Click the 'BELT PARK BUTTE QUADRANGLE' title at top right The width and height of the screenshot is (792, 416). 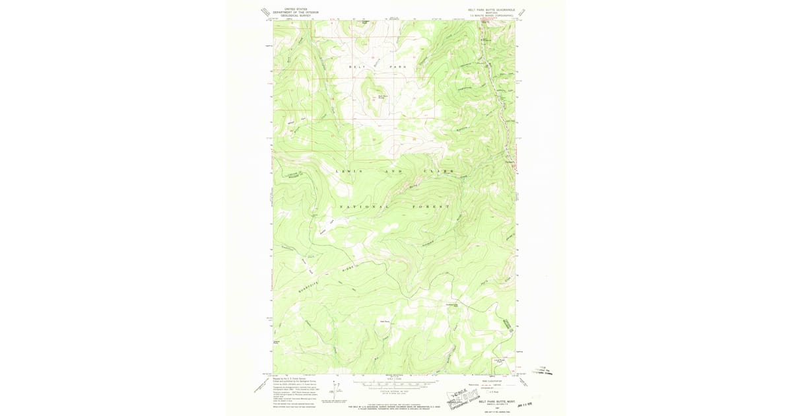492,10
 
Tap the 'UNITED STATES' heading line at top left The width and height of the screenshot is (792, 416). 296,9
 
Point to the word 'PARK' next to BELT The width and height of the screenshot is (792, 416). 399,67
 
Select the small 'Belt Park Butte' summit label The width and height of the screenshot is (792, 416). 381,96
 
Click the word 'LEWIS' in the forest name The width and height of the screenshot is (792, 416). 349,171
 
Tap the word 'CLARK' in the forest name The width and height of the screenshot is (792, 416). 443,171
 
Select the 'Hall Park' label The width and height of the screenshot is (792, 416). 385,322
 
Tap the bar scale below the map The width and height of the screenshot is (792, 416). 395,383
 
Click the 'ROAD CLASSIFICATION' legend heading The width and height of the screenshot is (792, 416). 492,381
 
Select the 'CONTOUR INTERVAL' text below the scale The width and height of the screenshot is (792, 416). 395,391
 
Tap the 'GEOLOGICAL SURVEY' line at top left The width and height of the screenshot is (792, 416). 296,15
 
